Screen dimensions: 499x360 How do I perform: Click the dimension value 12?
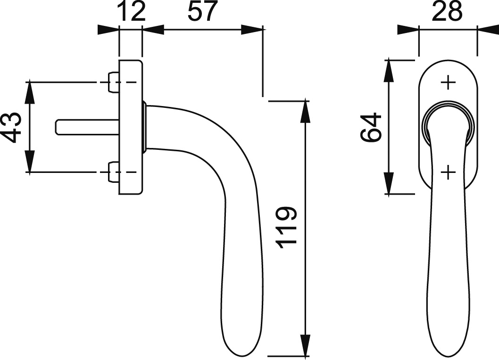tap(131, 11)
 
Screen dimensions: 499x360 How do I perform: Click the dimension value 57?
tap(202, 11)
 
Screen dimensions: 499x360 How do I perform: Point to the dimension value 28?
tap(447, 11)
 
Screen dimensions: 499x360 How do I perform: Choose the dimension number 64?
tap(371, 127)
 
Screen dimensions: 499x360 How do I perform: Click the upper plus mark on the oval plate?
tap(448, 82)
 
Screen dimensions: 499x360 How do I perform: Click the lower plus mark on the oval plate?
tap(448, 172)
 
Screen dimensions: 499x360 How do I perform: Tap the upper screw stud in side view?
tap(114, 82)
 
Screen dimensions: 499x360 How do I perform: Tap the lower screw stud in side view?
tap(114, 172)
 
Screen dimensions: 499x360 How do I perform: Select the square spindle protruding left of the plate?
tap(88, 127)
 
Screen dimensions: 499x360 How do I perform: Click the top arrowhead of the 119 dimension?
tap(305, 111)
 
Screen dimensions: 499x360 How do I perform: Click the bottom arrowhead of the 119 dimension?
tap(305, 345)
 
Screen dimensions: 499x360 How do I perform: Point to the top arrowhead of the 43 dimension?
tap(29, 92)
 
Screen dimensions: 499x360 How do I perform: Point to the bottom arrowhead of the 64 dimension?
tap(389, 183)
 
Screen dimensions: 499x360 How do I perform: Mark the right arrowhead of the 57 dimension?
tap(252, 30)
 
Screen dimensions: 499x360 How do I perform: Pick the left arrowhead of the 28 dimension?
tap(408, 30)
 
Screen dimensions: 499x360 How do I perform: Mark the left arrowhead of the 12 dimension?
tap(108, 30)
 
